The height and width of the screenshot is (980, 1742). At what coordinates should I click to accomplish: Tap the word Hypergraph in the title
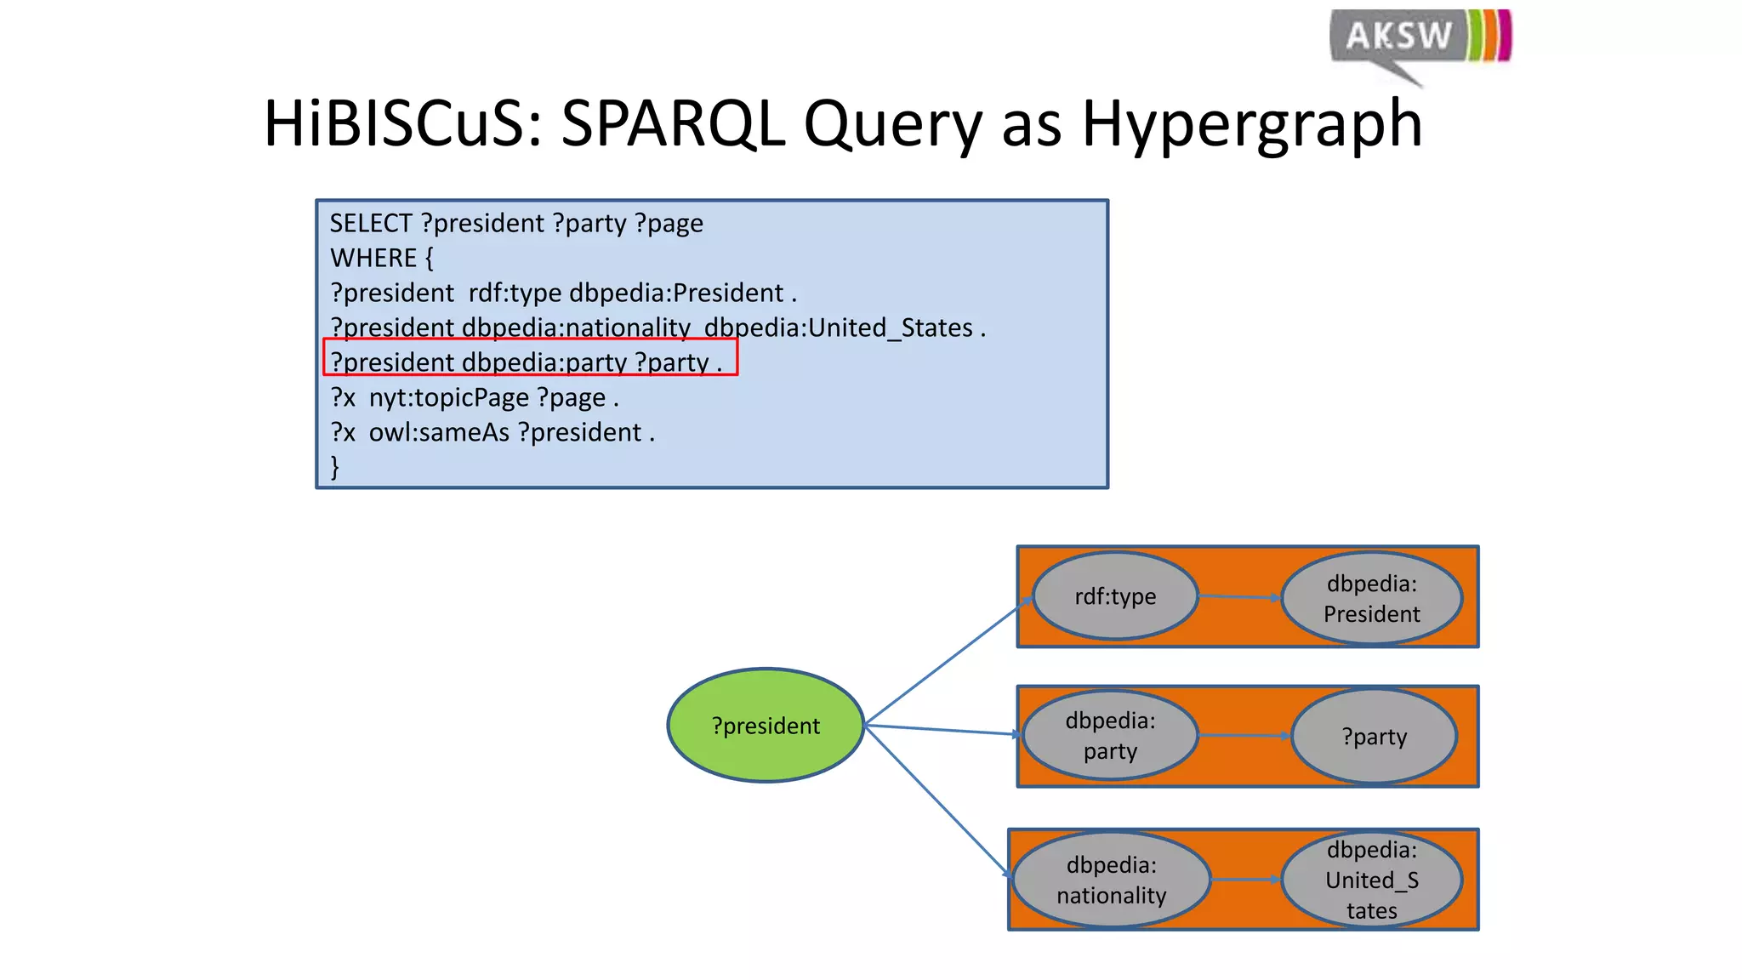tap(1251, 124)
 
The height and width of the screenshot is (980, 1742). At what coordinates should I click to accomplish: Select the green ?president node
tap(766, 726)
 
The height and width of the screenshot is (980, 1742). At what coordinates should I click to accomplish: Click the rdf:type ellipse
tap(1114, 596)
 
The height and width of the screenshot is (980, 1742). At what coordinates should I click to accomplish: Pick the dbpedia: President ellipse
tap(1371, 599)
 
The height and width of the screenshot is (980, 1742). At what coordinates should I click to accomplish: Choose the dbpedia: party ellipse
tap(1109, 736)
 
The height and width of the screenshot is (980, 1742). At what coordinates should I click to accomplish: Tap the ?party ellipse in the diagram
tap(1374, 737)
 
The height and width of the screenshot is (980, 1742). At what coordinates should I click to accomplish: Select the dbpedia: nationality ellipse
tap(1111, 880)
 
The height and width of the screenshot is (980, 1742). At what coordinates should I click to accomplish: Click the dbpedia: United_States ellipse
tap(1371, 880)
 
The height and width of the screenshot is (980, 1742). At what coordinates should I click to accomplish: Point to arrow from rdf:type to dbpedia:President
tap(1239, 597)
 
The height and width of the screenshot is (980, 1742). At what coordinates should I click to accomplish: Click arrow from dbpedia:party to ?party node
tap(1244, 735)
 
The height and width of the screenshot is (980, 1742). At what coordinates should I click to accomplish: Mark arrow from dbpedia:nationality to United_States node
tap(1245, 880)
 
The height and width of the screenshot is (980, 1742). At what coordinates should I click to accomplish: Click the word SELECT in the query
tap(371, 224)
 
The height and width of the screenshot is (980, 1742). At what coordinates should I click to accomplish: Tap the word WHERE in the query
tap(373, 259)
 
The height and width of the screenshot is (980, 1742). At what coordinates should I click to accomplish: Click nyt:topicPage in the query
tap(448, 398)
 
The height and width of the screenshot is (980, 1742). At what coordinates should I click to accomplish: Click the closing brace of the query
tap(334, 467)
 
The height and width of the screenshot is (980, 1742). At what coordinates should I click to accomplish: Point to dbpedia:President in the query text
tap(676, 293)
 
